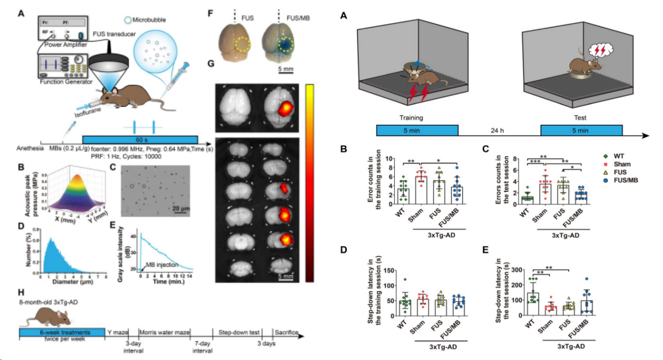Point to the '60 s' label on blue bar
click(x=140, y=139)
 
